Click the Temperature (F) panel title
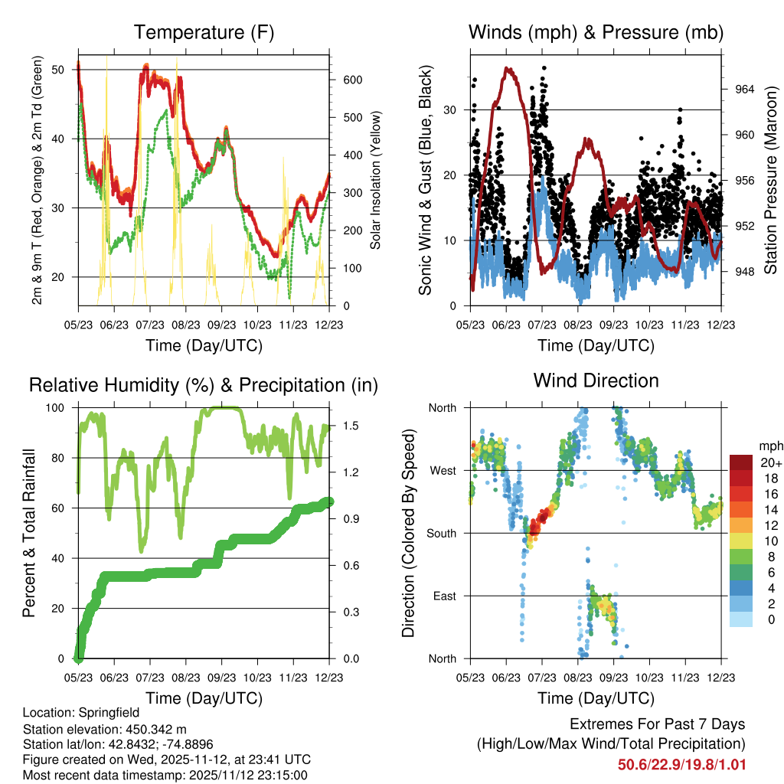204,33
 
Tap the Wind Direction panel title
596,381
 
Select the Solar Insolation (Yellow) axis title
376,181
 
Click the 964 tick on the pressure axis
744,89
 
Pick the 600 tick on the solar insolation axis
341,80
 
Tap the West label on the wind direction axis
442,470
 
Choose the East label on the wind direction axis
443,596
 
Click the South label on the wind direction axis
440,533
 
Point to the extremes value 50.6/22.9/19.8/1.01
681,764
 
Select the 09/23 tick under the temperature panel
221,325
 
